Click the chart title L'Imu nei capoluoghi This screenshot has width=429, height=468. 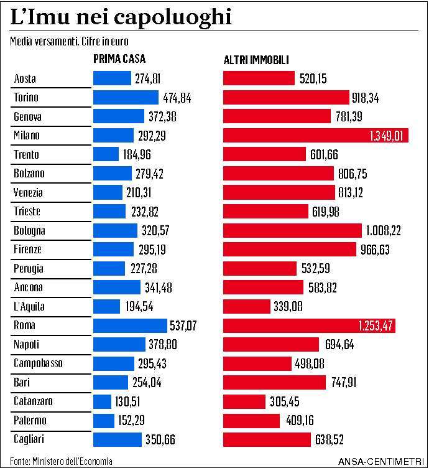[121, 16]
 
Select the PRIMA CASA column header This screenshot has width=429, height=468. [119, 60]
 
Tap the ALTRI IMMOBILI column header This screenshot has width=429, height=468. [256, 60]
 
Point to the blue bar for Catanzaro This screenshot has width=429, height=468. [102, 401]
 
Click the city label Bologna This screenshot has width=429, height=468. [29, 230]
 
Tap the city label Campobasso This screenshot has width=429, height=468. [38, 363]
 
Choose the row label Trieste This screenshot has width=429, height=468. [27, 212]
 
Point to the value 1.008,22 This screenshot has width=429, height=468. [383, 230]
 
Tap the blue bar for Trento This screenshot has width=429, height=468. [106, 154]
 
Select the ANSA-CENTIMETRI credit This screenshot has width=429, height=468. [381, 462]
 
